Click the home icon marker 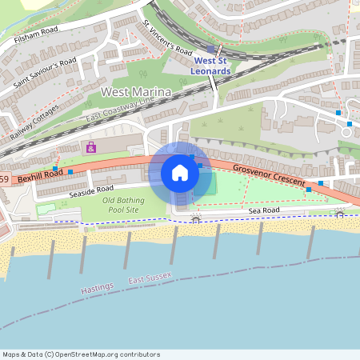[x=180, y=173]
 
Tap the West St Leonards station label [x=211, y=66]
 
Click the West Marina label [x=136, y=93]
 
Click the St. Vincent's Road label [x=167, y=38]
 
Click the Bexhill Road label [x=40, y=174]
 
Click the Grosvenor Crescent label [x=269, y=176]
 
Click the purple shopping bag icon [x=91, y=147]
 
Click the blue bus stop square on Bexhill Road [x=71, y=171]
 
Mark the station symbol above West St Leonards [x=210, y=49]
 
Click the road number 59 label [x=5, y=179]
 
